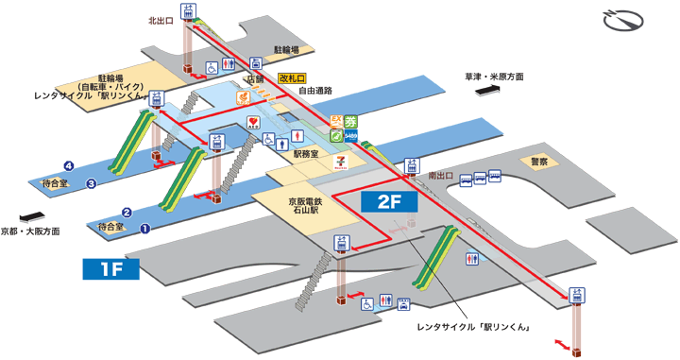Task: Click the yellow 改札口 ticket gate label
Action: [x=295, y=78]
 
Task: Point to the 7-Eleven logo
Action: [x=342, y=162]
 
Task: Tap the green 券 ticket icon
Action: [x=350, y=121]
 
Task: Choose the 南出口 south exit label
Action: [x=441, y=176]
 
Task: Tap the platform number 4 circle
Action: [x=69, y=164]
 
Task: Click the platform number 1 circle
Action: [x=144, y=228]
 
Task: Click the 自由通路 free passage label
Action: [x=317, y=92]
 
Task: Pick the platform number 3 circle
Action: [x=92, y=183]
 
